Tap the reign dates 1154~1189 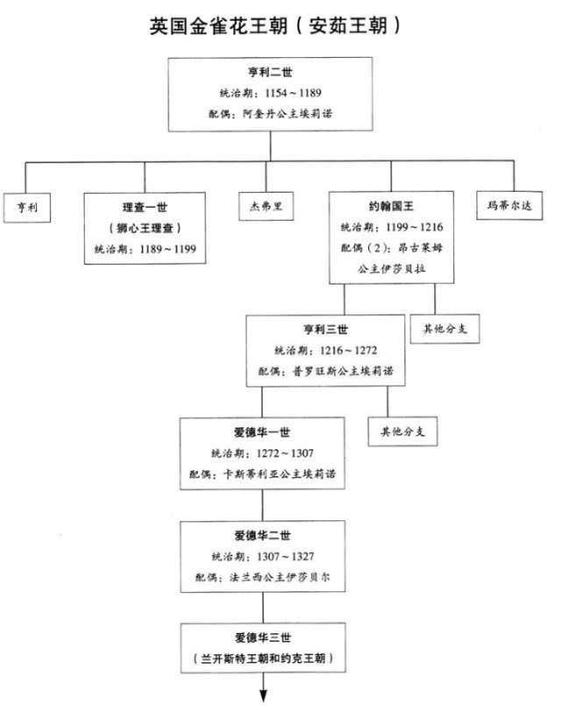(280, 95)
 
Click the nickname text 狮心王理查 (145, 229)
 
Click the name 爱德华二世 (262, 536)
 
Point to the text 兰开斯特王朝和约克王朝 (262, 657)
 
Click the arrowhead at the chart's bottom (262, 694)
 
